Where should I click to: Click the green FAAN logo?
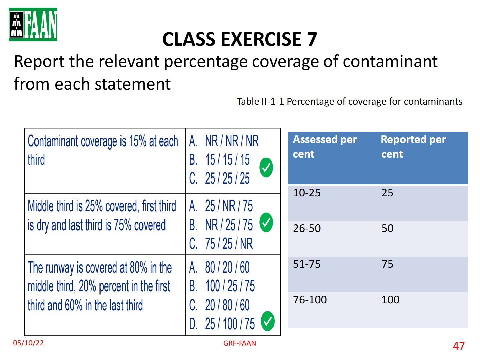[x=33, y=24]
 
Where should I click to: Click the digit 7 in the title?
[x=311, y=39]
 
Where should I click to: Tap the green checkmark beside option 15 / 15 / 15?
[x=266, y=167]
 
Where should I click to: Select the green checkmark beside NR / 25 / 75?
[x=266, y=222]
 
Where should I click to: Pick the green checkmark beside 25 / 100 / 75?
[x=268, y=321]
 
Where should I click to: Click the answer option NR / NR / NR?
[x=224, y=141]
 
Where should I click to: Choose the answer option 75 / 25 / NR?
[x=221, y=243]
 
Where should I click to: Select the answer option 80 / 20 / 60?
[x=219, y=267]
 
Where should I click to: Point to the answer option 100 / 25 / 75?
[x=222, y=286]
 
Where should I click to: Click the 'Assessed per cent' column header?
[x=325, y=147]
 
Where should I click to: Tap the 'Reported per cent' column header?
[x=413, y=147]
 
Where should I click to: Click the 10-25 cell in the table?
[x=307, y=193]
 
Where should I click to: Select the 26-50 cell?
[x=307, y=228]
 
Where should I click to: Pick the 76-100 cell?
[x=310, y=299]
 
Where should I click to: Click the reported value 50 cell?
[x=387, y=228]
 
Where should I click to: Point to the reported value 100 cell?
[x=390, y=299]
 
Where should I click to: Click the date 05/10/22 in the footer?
[x=28, y=343]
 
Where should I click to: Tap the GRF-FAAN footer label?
[x=239, y=343]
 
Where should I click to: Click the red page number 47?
[x=459, y=346]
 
